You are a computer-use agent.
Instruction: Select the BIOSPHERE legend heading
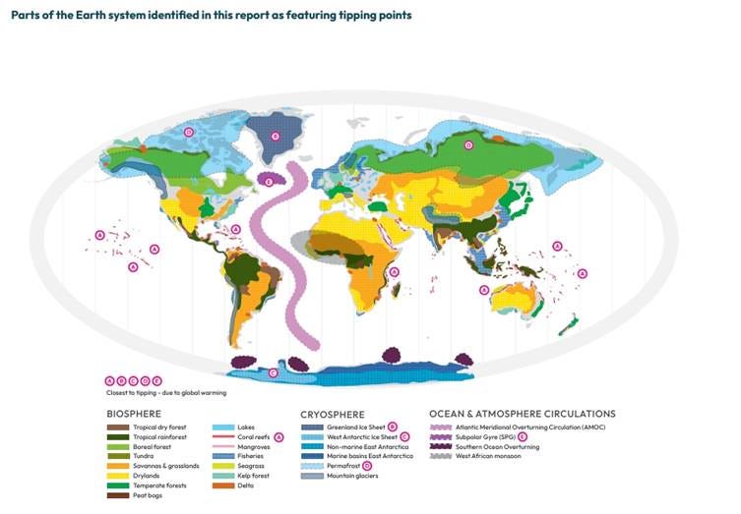click(x=134, y=414)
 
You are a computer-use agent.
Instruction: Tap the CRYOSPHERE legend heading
click(x=333, y=414)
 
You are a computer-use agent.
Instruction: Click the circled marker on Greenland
click(x=275, y=137)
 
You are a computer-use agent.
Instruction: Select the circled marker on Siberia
click(x=468, y=145)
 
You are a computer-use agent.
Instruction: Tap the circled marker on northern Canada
click(x=188, y=132)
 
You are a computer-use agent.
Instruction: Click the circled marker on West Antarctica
click(x=273, y=372)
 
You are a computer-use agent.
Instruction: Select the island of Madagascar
click(x=400, y=288)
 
